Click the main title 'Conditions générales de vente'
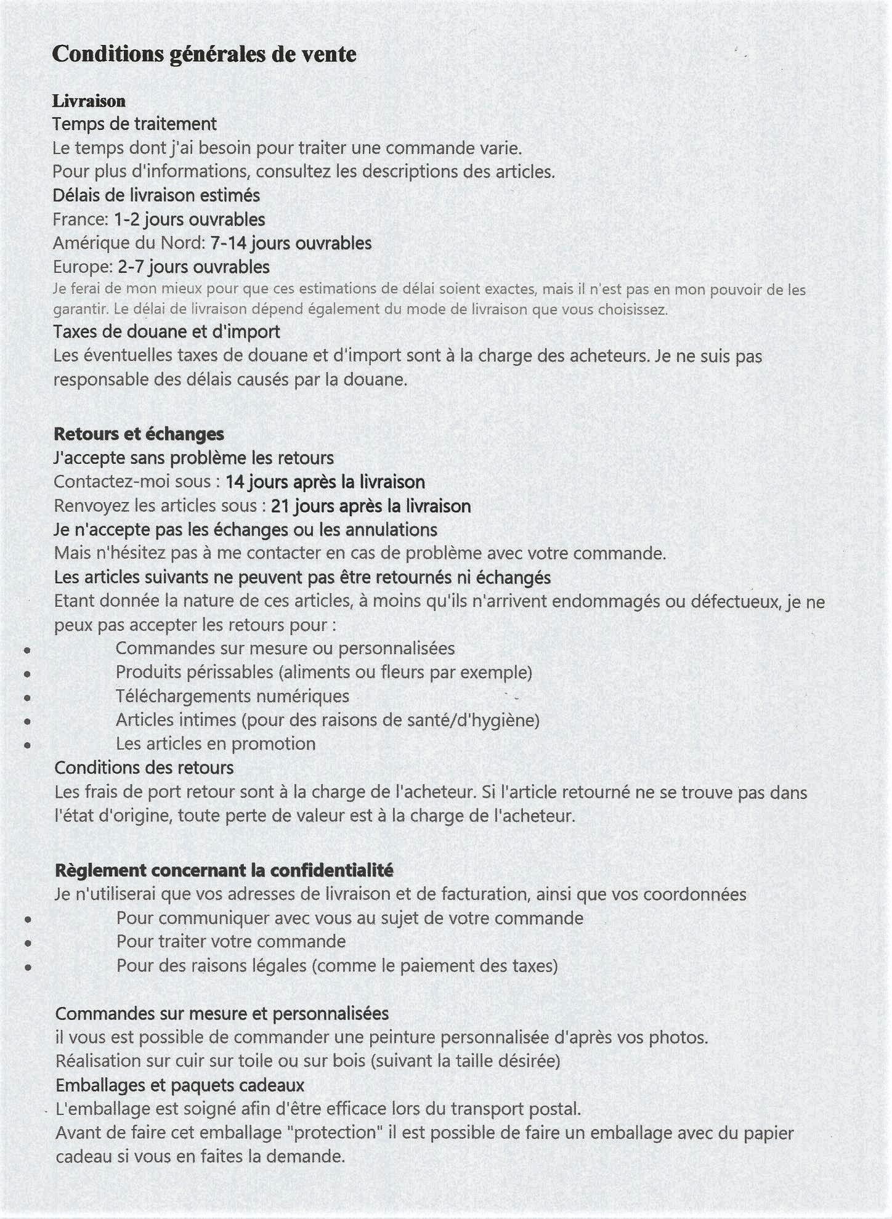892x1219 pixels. pos(204,54)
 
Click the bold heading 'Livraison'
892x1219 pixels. pos(89,101)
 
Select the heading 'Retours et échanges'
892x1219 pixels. pos(139,434)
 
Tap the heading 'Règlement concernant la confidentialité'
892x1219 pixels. pos(224,870)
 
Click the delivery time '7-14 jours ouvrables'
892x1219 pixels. pos(291,243)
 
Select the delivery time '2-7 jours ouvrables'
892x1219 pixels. pos(193,267)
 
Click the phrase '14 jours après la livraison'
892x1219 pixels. pos(325,482)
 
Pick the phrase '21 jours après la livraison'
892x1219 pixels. pos(370,506)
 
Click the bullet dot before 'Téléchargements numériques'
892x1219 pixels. pos(27,697)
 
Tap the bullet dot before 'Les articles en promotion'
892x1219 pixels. pos(27,745)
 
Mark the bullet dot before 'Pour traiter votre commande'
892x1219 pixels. pos(28,942)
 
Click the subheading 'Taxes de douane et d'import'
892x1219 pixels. pos(166,331)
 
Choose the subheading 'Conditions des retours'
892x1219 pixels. pos(144,767)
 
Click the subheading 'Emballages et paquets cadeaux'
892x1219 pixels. pos(180,1085)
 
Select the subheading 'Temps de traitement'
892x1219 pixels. pos(134,124)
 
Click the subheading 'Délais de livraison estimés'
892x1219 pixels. pos(156,195)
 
